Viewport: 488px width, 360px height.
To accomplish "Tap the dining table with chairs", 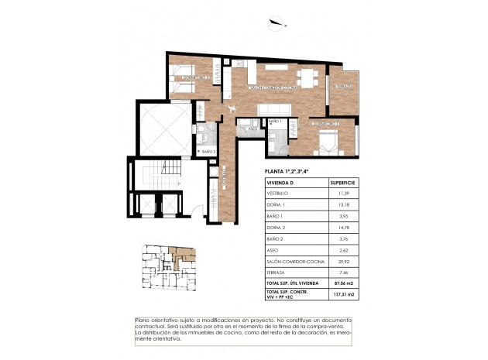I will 307,78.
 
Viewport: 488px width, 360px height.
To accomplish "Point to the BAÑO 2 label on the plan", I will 208,152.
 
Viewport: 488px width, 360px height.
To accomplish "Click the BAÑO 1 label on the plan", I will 275,122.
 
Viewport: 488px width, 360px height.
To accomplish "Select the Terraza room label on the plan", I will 343,86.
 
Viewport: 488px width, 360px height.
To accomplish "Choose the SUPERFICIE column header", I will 342,183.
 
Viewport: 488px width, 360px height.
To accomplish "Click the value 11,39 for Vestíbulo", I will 342,194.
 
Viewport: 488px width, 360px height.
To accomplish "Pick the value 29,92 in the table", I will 342,262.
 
